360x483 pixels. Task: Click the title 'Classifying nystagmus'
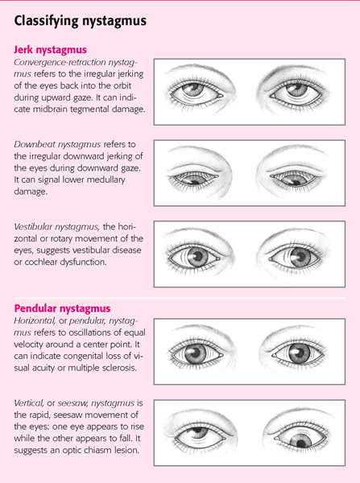81,21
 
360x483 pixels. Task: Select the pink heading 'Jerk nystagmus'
50,50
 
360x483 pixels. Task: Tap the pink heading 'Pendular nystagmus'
62,308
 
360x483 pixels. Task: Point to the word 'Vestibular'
34,226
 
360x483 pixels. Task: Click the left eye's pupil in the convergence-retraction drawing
192,87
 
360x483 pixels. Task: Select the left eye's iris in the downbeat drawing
192,179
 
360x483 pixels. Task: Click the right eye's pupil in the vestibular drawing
301,256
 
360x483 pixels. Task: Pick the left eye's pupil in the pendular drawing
196,353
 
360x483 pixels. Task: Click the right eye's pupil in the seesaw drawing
300,443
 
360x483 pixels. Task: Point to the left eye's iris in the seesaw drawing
197,432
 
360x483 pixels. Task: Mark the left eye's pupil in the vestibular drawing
197,256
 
